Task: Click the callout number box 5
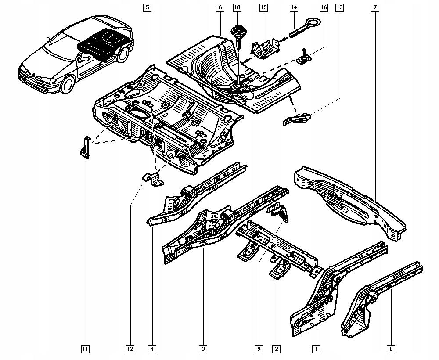coord(147,7)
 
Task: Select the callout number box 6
coord(220,7)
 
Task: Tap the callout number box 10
coord(237,7)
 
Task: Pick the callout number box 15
coord(263,7)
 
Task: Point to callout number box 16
coord(323,7)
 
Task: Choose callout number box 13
coord(339,7)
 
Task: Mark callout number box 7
coord(375,7)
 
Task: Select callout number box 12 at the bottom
coord(130,349)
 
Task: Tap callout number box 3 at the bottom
coord(203,349)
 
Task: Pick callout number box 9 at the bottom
coord(259,349)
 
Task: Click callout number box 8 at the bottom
coord(391,349)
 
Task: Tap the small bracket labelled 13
coord(296,119)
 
